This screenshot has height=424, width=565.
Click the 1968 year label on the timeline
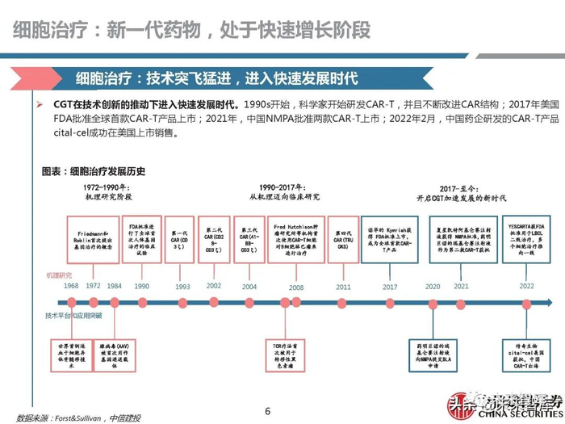pyautogui.click(x=71, y=286)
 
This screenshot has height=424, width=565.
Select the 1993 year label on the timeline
pyautogui.click(x=182, y=286)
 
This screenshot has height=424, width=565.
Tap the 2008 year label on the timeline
pyautogui.click(x=295, y=286)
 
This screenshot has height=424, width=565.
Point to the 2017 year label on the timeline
pyautogui.click(x=390, y=286)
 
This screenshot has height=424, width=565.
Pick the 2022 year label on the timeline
pyautogui.click(x=525, y=286)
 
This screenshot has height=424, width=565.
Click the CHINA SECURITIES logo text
pyautogui.click(x=513, y=414)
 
